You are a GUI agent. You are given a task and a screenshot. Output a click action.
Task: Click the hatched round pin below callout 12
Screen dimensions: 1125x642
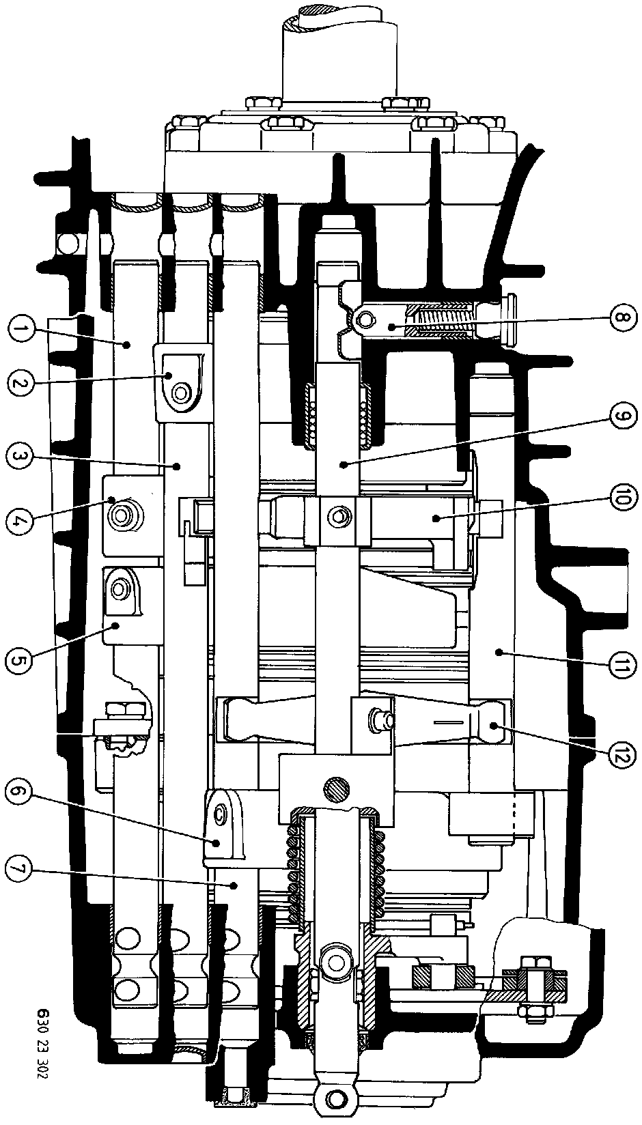click(x=336, y=791)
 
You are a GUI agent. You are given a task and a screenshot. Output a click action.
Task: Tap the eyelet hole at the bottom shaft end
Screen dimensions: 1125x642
click(x=335, y=1098)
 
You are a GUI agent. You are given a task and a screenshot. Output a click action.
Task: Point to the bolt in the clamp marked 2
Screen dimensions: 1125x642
click(x=180, y=393)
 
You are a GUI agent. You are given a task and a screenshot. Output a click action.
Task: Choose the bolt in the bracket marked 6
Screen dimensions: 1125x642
click(x=220, y=813)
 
